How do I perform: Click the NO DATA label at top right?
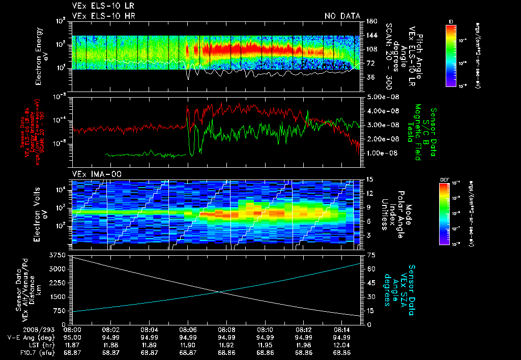tap(342, 16)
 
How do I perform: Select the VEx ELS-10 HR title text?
tap(103, 16)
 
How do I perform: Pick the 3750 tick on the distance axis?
tap(63, 254)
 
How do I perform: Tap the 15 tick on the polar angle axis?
tap(369, 179)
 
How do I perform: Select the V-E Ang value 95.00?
tap(73, 337)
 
